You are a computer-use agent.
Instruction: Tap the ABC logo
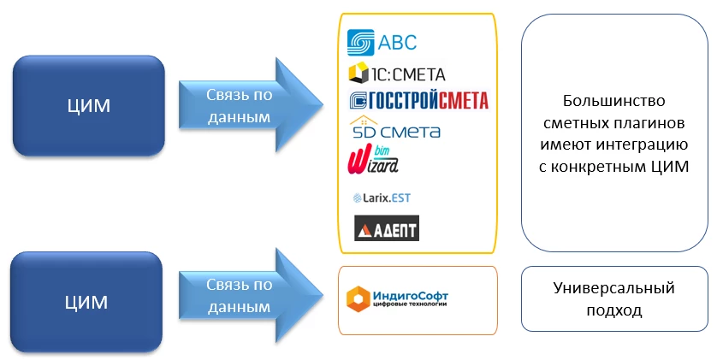pos(382,42)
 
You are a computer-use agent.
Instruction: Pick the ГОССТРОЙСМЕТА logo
pos(418,101)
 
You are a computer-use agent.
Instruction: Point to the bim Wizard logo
pos(375,160)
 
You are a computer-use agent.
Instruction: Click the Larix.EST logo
pos(382,198)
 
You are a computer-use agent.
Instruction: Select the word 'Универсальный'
pos(614,288)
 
